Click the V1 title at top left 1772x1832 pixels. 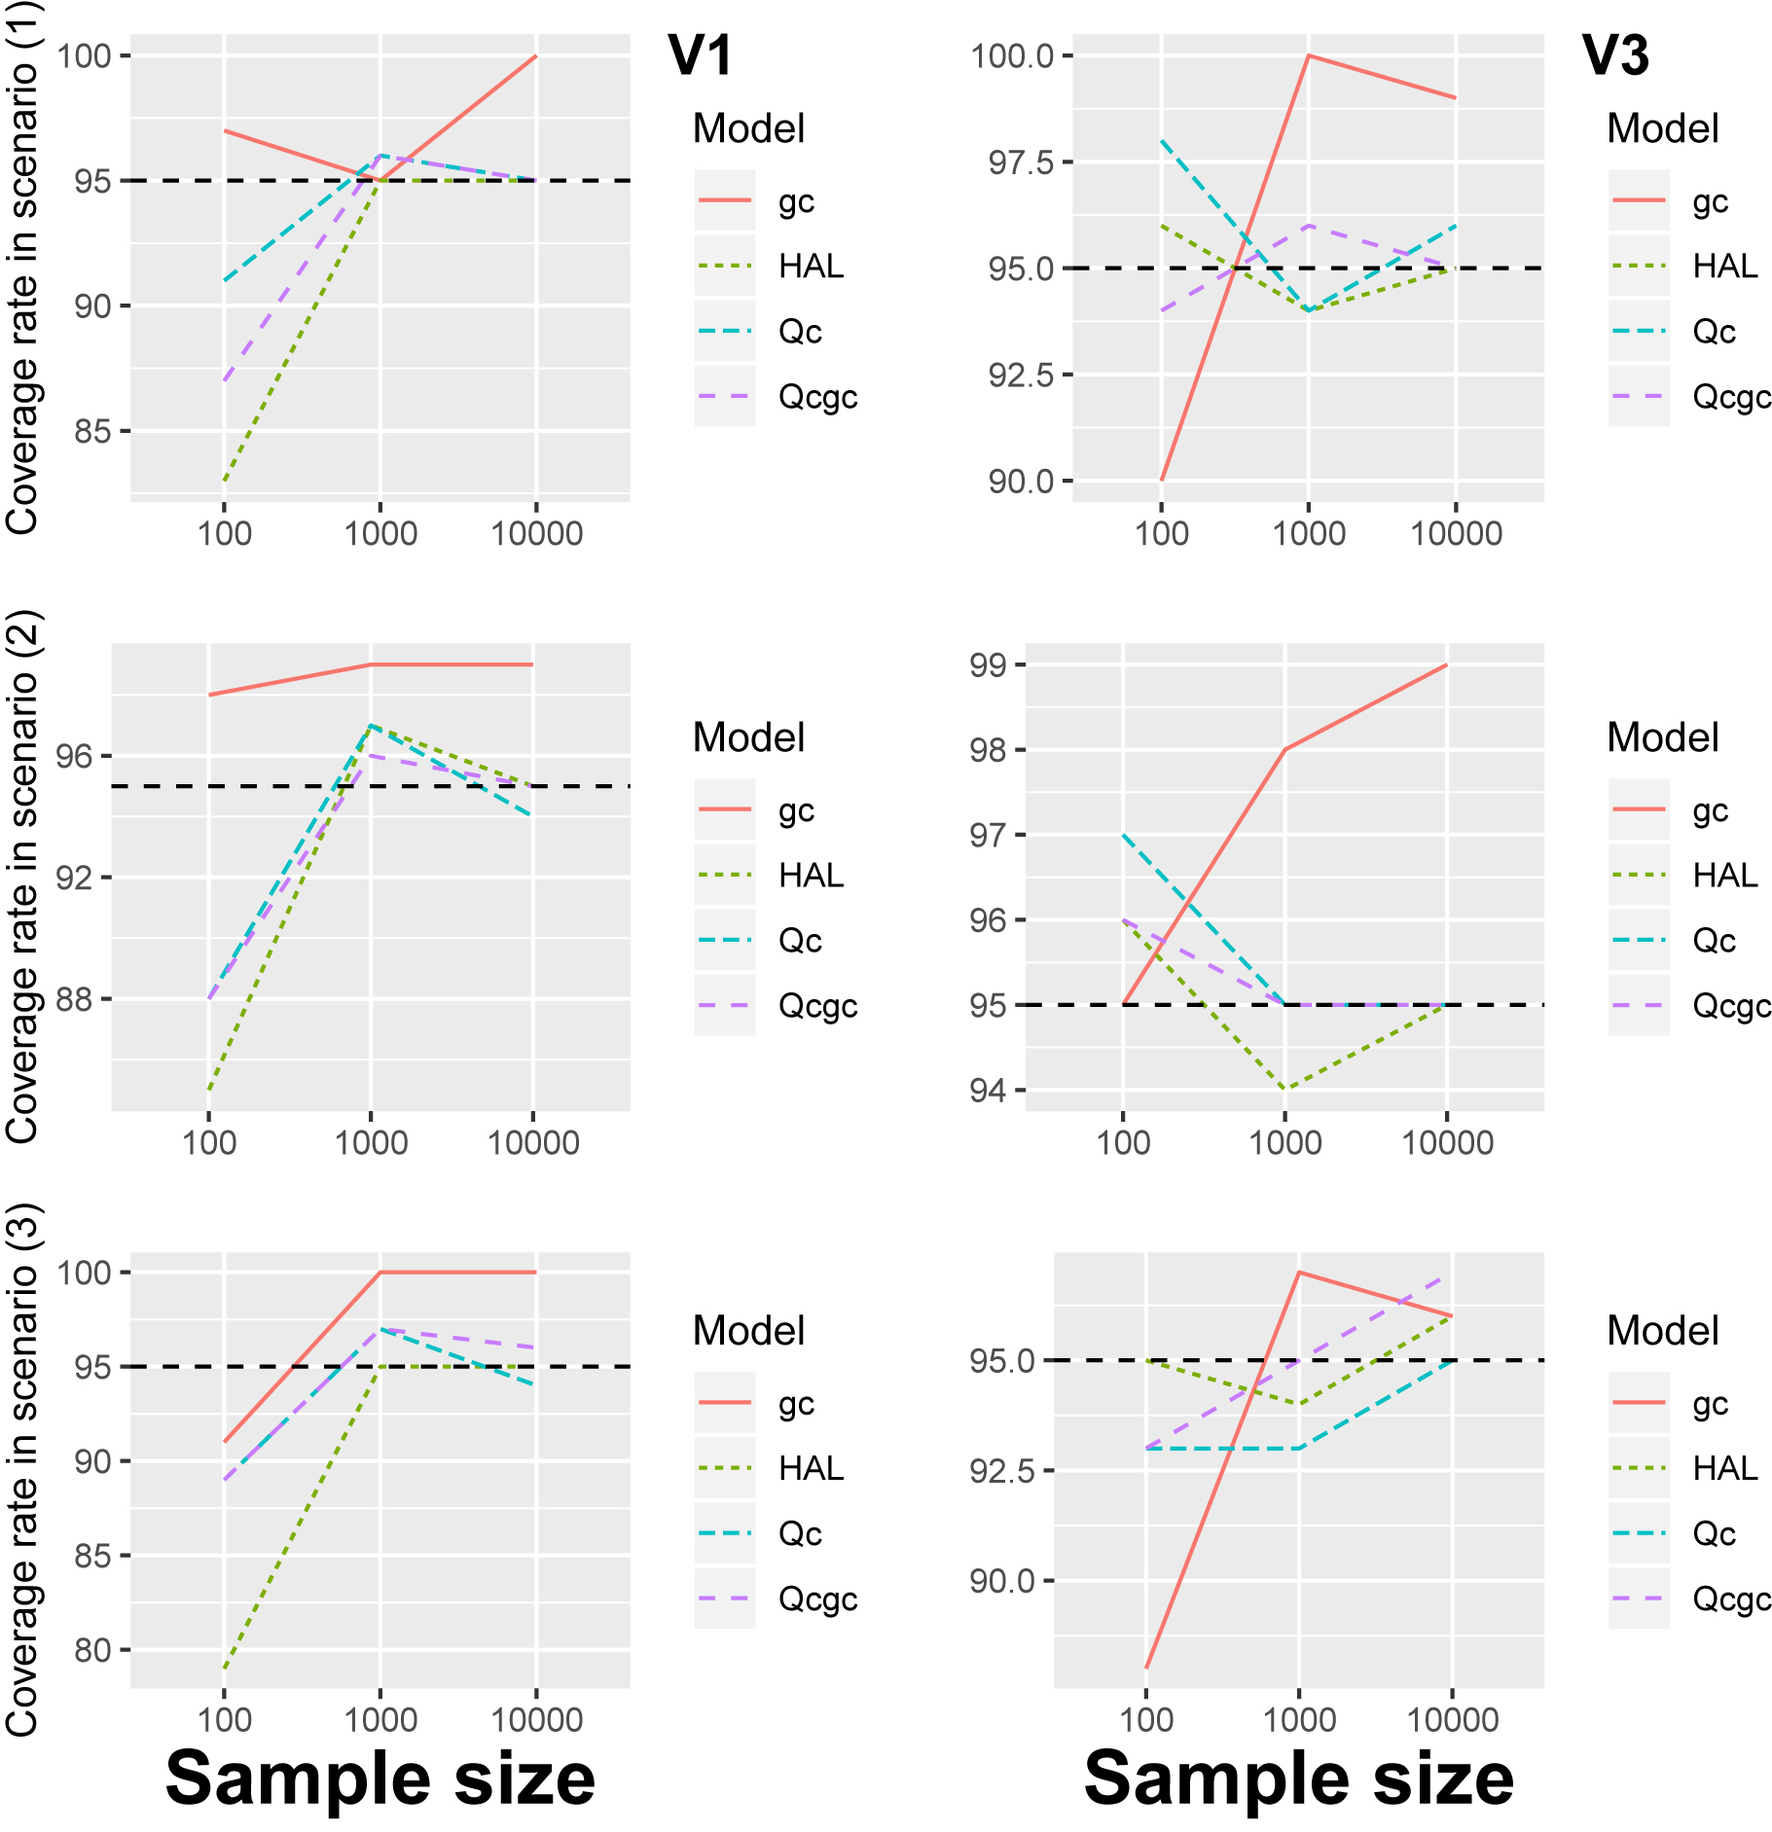699,55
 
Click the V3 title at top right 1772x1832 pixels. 1614,55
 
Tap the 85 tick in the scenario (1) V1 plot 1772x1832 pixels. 93,431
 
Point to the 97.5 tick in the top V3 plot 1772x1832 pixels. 1021,162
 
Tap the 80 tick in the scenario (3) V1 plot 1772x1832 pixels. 93,1650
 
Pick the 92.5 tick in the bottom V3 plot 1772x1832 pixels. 1002,1471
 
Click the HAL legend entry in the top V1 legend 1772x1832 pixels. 810,267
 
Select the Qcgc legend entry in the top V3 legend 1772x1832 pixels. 1731,397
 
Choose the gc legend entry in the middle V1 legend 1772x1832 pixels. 796,810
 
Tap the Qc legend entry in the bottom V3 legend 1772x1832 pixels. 1714,1534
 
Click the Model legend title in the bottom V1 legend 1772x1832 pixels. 748,1331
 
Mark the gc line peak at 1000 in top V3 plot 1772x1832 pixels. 1309,55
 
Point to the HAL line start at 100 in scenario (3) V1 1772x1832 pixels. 225,1670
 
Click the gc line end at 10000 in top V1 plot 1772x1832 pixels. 536,56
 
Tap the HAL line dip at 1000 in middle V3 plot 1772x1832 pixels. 1285,1089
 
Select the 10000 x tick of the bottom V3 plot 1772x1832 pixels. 1452,1719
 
